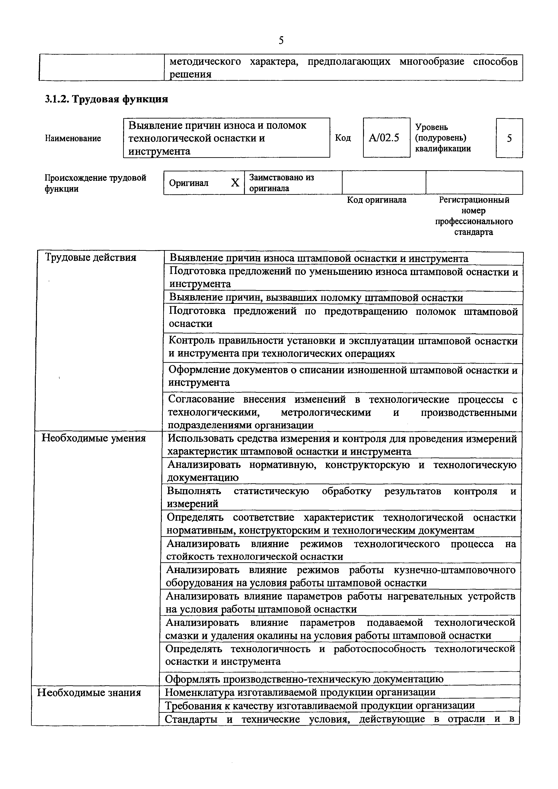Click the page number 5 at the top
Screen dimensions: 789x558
coord(281,40)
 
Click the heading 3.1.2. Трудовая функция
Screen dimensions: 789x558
coord(106,99)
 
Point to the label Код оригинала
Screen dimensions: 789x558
coord(377,200)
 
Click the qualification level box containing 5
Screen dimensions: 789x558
coord(509,138)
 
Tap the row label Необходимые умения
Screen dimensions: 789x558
coord(93,439)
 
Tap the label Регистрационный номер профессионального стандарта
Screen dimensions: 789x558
coord(474,216)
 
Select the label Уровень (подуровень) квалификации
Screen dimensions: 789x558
coord(443,138)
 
